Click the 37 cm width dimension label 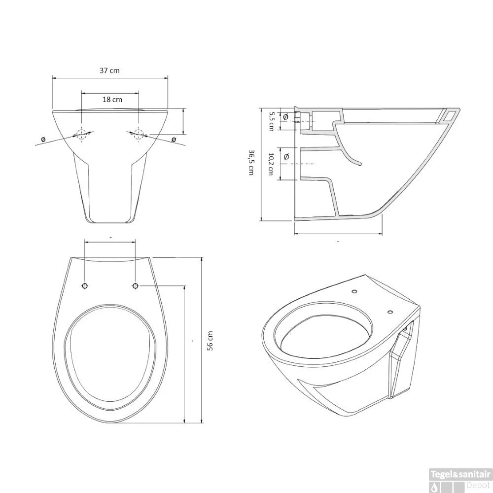tap(109, 70)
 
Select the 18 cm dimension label tap(112, 99)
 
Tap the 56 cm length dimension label tap(210, 340)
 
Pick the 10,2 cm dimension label tap(271, 164)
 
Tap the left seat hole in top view tap(85, 286)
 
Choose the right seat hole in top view tap(136, 286)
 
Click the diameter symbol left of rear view tap(43, 140)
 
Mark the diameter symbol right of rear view tap(174, 140)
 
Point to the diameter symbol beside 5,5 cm tap(285, 117)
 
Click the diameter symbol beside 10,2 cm tap(286, 157)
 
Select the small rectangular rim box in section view tap(450, 115)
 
